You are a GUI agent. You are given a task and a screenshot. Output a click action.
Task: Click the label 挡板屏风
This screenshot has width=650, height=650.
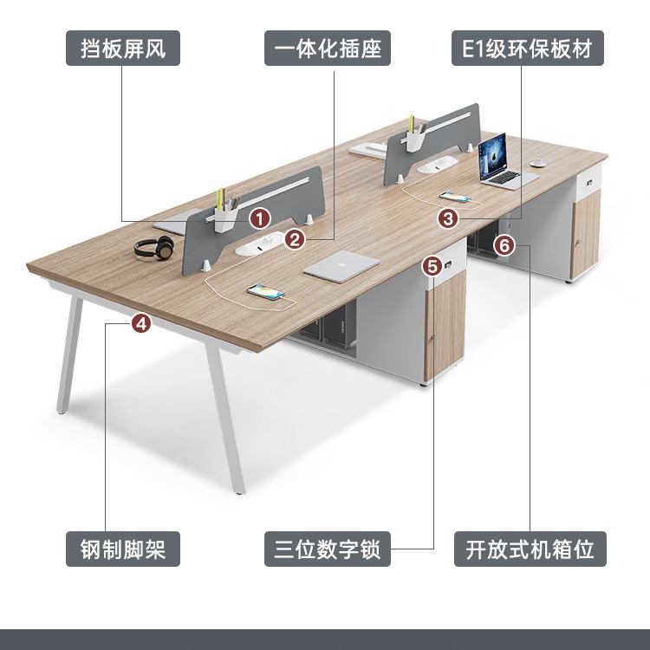point(123,49)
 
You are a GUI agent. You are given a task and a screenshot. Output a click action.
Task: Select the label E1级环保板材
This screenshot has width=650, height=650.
point(527,49)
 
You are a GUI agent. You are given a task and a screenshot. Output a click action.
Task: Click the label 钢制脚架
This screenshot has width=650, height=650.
point(123,549)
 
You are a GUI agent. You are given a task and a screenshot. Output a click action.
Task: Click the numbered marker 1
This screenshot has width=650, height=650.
point(258,217)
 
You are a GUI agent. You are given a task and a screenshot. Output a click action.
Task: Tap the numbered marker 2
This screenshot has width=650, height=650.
point(296,238)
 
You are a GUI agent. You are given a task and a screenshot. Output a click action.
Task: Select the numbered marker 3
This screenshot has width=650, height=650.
point(447,218)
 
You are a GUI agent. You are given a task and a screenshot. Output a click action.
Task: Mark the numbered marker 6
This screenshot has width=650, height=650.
point(504,245)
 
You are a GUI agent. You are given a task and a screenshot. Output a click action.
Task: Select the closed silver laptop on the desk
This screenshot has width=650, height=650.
point(341,264)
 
